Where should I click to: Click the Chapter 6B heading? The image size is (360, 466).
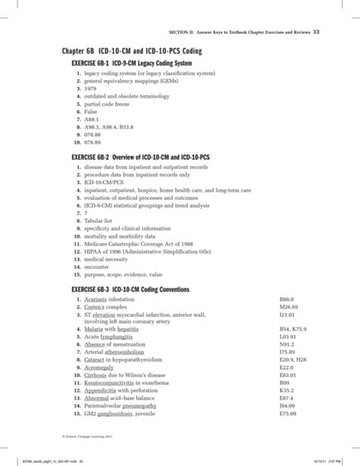(132, 50)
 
